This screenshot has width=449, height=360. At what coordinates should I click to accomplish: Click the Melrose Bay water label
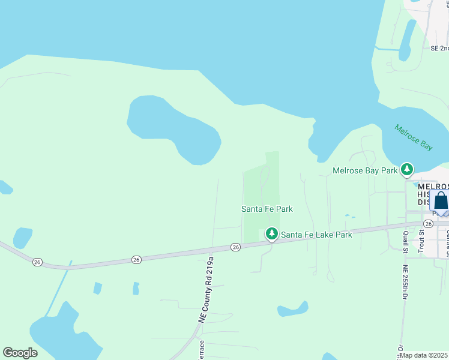point(414,137)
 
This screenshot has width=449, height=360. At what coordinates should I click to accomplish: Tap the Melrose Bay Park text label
point(366,171)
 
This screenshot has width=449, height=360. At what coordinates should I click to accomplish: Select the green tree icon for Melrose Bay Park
point(408,170)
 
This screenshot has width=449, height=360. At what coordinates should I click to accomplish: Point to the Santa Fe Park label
point(267,209)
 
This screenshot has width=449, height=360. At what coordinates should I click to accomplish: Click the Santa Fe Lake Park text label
point(316,235)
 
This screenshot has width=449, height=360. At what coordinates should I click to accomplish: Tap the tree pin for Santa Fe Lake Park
point(271,233)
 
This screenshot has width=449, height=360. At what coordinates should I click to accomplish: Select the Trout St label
point(421,239)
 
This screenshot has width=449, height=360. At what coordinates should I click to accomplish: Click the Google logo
point(20,353)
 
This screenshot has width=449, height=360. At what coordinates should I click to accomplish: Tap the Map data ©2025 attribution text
point(424,355)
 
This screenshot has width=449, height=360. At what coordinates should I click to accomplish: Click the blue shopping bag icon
point(440,200)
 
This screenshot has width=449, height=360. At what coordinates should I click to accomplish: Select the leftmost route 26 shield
point(37,262)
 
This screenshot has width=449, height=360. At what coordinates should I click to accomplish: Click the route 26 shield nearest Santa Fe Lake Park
point(235,247)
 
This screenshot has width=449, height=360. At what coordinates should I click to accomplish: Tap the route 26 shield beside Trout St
point(427,223)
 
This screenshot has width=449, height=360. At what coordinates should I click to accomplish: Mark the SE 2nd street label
point(439,48)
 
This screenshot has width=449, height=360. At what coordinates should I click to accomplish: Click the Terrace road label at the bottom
point(202,349)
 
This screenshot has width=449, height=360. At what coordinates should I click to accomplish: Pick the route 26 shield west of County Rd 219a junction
point(136,260)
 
